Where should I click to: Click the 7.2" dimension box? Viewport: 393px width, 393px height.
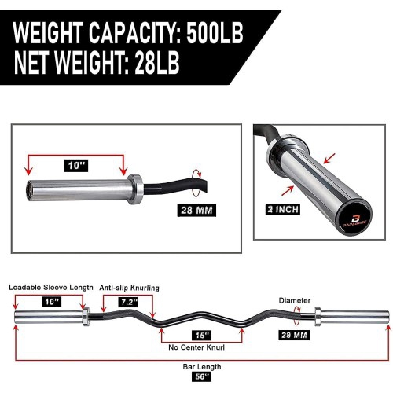point(128,301)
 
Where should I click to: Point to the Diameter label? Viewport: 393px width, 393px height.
point(295,300)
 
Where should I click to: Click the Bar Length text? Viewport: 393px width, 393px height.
point(198,366)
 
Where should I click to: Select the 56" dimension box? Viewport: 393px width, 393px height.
point(198,379)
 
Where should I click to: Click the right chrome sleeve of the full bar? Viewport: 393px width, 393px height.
point(354,318)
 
